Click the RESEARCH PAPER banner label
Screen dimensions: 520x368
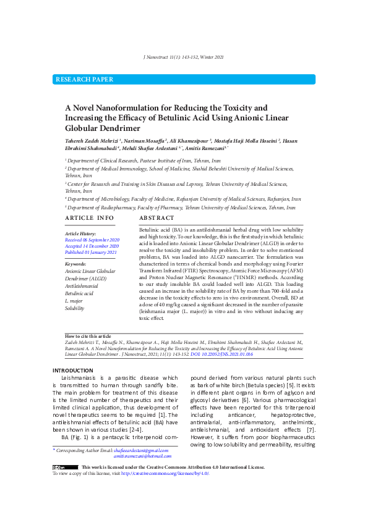(85, 80)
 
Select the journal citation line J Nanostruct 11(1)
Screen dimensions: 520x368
(183, 57)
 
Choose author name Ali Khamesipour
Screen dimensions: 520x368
(189, 141)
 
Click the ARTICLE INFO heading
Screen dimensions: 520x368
(90, 219)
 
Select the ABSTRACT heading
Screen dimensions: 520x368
(156, 219)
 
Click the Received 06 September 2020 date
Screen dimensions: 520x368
(92, 240)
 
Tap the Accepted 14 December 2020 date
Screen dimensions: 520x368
(92, 246)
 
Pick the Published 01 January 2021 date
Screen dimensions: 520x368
(91, 252)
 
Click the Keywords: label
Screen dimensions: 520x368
(75, 264)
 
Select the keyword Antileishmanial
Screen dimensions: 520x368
(82, 286)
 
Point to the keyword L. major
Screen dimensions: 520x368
(74, 301)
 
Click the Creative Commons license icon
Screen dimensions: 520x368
(65, 467)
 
